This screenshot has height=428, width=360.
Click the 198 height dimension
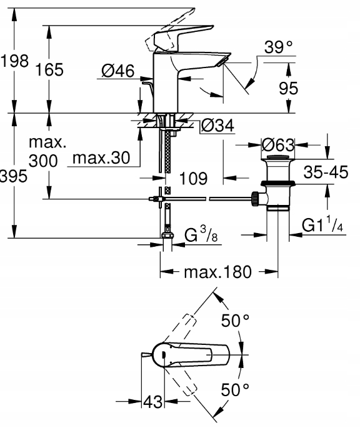coord(14,61)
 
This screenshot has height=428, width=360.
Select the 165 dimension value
coord(49,69)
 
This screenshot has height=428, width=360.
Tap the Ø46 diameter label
coord(118,71)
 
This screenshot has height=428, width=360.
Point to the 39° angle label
coord(278,47)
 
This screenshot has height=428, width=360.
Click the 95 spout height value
coord(288,88)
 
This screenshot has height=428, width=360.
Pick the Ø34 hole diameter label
coord(217,126)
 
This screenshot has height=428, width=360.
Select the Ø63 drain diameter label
coord(278,145)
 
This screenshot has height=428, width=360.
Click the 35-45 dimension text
coord(326,172)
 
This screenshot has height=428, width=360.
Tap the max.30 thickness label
coord(101,158)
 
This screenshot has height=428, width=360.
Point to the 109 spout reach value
coord(193,179)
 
